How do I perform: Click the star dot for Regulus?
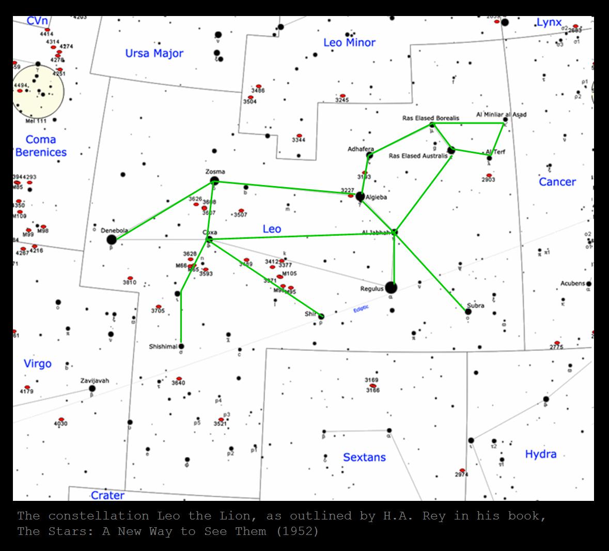pyautogui.click(x=391, y=287)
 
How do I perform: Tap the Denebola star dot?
pyautogui.click(x=112, y=239)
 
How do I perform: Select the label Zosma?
pyautogui.click(x=215, y=172)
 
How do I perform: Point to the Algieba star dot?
pyautogui.click(x=360, y=196)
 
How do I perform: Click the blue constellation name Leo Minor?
pyautogui.click(x=349, y=42)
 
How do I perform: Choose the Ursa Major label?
pyautogui.click(x=154, y=53)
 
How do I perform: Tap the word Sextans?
pyautogui.click(x=364, y=457)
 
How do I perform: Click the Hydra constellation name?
pyautogui.click(x=540, y=454)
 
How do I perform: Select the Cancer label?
pyautogui.click(x=557, y=181)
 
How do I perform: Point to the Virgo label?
pyautogui.click(x=38, y=363)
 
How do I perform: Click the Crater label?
pyautogui.click(x=107, y=495)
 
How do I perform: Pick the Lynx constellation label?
pyautogui.click(x=549, y=22)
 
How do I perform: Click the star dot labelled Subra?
pyautogui.click(x=468, y=311)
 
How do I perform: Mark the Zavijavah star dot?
pyautogui.click(x=92, y=388)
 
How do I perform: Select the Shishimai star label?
pyautogui.click(x=163, y=346)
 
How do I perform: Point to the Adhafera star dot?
pyautogui.click(x=369, y=155)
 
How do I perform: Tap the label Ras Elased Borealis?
pyautogui.click(x=430, y=118)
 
